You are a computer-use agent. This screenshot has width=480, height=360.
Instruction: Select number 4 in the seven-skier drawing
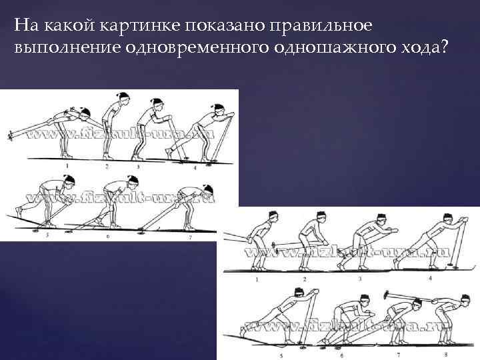[x=195, y=168]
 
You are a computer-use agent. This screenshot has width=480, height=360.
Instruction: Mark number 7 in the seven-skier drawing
[x=191, y=237]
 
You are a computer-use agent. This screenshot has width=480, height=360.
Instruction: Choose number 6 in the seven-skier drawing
[x=108, y=236]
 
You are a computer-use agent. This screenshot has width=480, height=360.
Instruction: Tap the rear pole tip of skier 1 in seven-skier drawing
[x=10, y=137]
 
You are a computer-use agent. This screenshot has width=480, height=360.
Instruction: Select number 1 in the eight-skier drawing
[x=258, y=279]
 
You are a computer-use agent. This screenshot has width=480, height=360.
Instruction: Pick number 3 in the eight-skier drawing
[x=361, y=278]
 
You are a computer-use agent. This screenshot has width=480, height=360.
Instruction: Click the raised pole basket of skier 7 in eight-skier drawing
[x=388, y=292]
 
